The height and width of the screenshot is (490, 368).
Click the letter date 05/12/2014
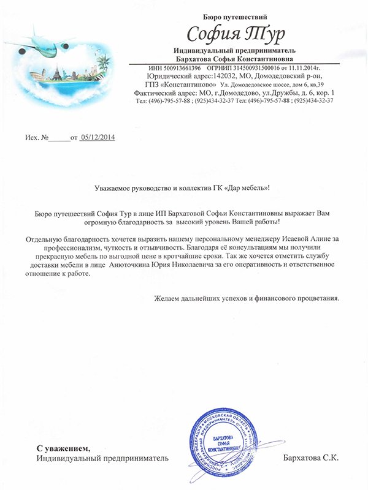pos(98,137)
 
